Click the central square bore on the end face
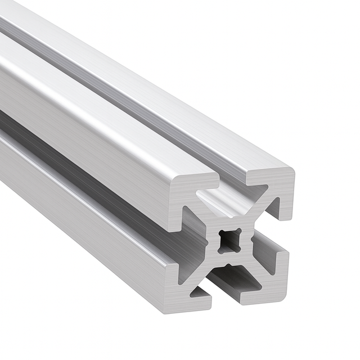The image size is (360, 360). click(x=229, y=241)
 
